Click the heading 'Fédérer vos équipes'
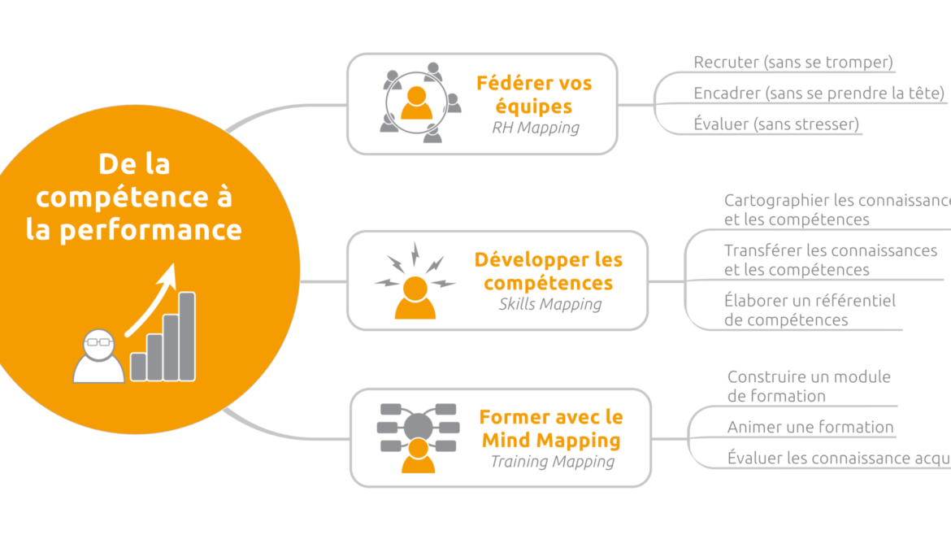click(534, 94)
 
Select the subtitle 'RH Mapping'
click(536, 128)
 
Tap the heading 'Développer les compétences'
click(548, 272)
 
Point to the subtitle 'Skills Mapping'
click(549, 305)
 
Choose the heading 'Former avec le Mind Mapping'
click(551, 428)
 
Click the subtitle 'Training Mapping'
click(552, 462)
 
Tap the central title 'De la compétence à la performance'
click(134, 197)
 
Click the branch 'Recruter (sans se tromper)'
click(793, 63)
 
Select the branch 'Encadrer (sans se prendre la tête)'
click(819, 93)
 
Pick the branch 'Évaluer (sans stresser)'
click(776, 124)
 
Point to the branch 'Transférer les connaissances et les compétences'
click(830, 260)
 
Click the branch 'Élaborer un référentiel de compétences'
click(810, 310)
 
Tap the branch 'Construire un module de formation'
click(809, 386)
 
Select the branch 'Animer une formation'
click(810, 428)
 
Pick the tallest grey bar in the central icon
click(187, 336)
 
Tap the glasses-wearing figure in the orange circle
click(98, 357)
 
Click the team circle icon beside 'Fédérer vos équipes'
click(418, 103)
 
